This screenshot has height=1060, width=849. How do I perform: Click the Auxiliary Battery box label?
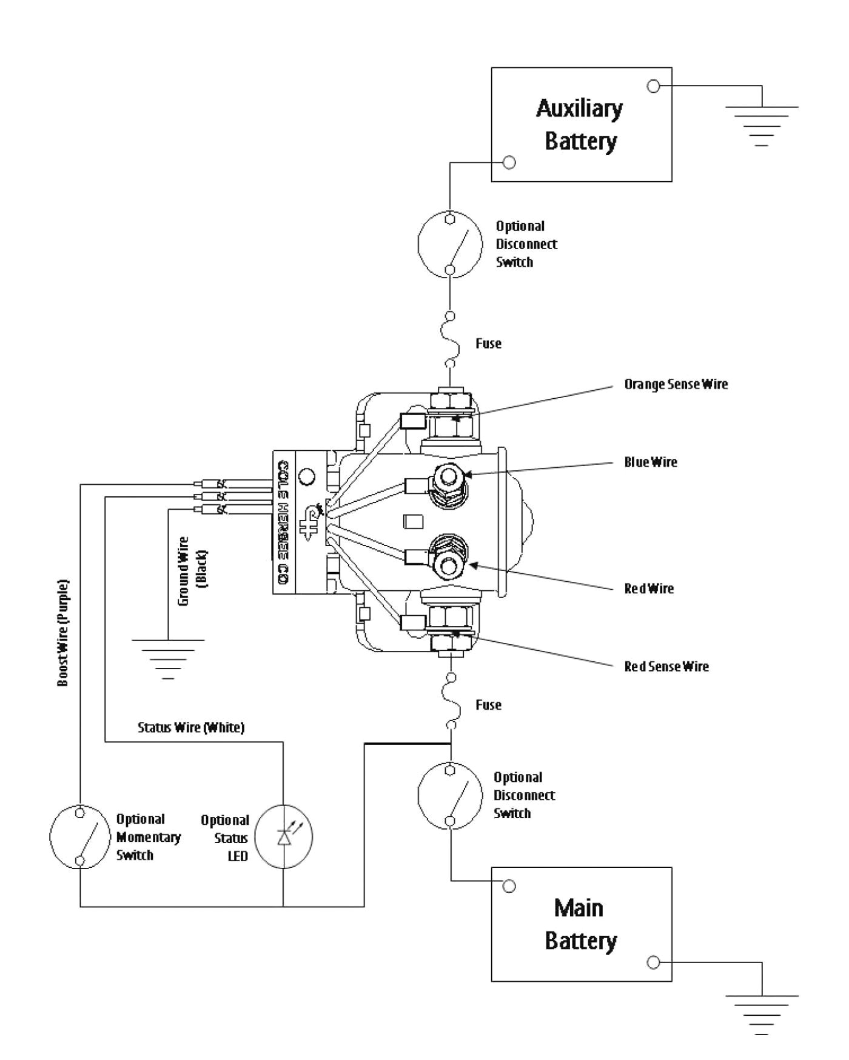click(x=580, y=125)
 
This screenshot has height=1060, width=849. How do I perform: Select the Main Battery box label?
click(x=580, y=924)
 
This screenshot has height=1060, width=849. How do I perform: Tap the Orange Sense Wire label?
click(x=676, y=384)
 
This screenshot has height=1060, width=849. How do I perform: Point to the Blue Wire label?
click(x=650, y=462)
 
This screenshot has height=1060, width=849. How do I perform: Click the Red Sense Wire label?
click(x=666, y=667)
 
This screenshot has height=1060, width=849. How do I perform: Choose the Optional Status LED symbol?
click(x=284, y=838)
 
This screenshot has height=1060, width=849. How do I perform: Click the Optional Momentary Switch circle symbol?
click(x=79, y=838)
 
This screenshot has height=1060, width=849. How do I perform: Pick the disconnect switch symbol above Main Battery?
click(x=449, y=795)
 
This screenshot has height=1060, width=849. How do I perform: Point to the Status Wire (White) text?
click(x=191, y=727)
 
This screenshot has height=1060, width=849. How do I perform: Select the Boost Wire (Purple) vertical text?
click(x=63, y=633)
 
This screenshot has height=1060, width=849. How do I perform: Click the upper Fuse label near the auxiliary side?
click(x=488, y=344)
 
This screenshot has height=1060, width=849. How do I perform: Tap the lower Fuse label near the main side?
click(x=488, y=705)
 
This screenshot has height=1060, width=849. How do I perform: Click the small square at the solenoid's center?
click(x=412, y=522)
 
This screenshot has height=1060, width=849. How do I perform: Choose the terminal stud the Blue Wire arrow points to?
click(x=448, y=476)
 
